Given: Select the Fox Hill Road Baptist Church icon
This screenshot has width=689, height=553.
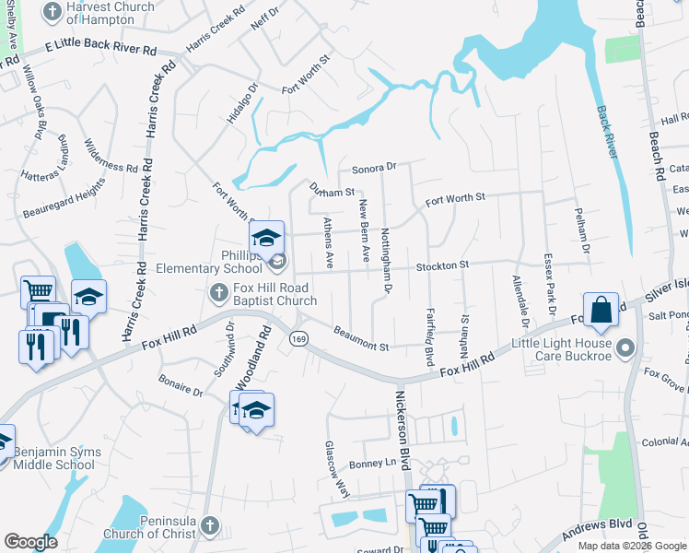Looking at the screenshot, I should (x=218, y=293).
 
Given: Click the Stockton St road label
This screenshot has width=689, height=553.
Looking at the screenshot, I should (x=442, y=265).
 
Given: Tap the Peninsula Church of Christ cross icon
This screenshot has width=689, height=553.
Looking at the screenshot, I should (x=209, y=525).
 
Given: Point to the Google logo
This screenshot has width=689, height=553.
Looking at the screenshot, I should (x=31, y=542).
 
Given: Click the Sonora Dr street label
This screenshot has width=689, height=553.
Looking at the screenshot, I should (x=373, y=168).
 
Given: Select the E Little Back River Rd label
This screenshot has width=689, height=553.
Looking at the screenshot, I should (x=101, y=47).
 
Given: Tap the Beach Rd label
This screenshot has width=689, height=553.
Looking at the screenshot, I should (x=656, y=147).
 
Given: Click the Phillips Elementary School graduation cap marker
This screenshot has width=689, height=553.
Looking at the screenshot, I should (x=266, y=239).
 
